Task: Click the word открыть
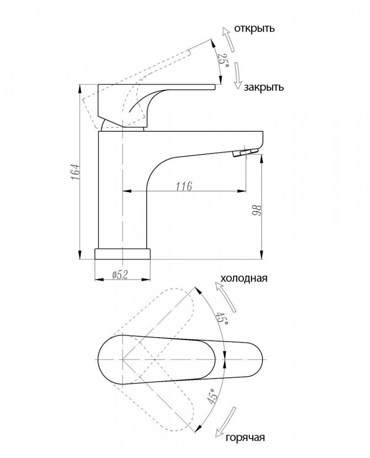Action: click(x=254, y=28)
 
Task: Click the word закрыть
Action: click(x=264, y=87)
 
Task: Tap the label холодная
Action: click(x=244, y=278)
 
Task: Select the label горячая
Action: click(x=245, y=437)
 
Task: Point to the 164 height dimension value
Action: click(x=75, y=172)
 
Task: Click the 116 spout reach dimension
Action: click(x=184, y=186)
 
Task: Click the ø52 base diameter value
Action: click(x=120, y=274)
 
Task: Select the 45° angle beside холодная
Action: click(x=222, y=319)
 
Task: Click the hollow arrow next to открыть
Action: click(x=228, y=39)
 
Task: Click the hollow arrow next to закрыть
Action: click(x=238, y=76)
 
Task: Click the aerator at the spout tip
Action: click(x=246, y=153)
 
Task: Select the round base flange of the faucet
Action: click(x=123, y=254)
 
